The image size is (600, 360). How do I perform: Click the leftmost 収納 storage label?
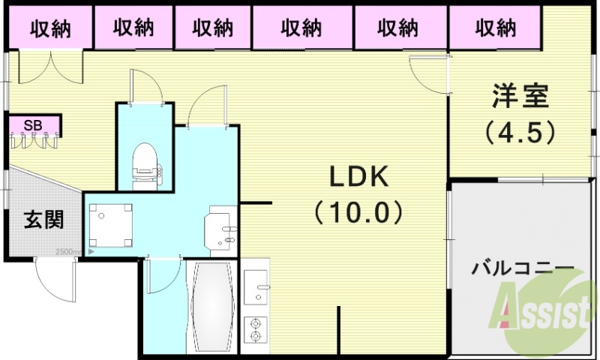click(50, 28)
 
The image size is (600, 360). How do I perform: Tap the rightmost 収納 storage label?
click(496, 28)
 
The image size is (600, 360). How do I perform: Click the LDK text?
click(358, 178)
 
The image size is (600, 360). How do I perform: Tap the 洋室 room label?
click(520, 97)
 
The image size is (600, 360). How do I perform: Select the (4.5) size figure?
click(520, 133)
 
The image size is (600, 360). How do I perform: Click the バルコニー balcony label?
click(523, 268)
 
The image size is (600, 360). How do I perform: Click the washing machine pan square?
click(109, 224)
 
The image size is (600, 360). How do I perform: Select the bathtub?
click(210, 307)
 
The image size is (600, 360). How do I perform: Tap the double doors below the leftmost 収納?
click(48, 67)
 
